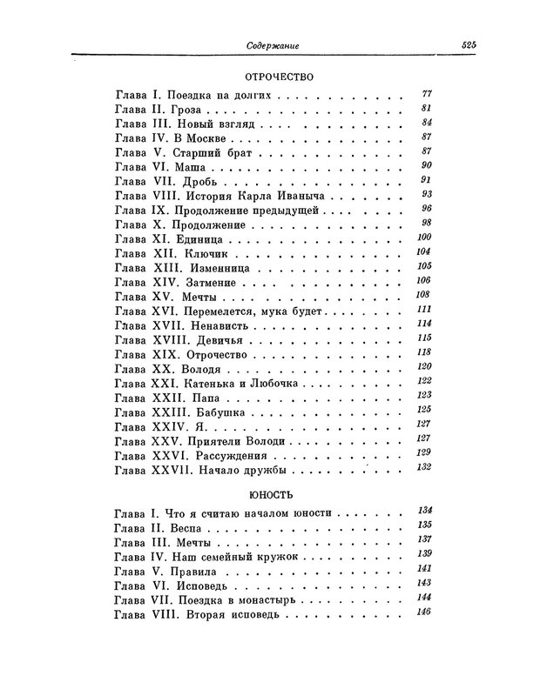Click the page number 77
point(427,94)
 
